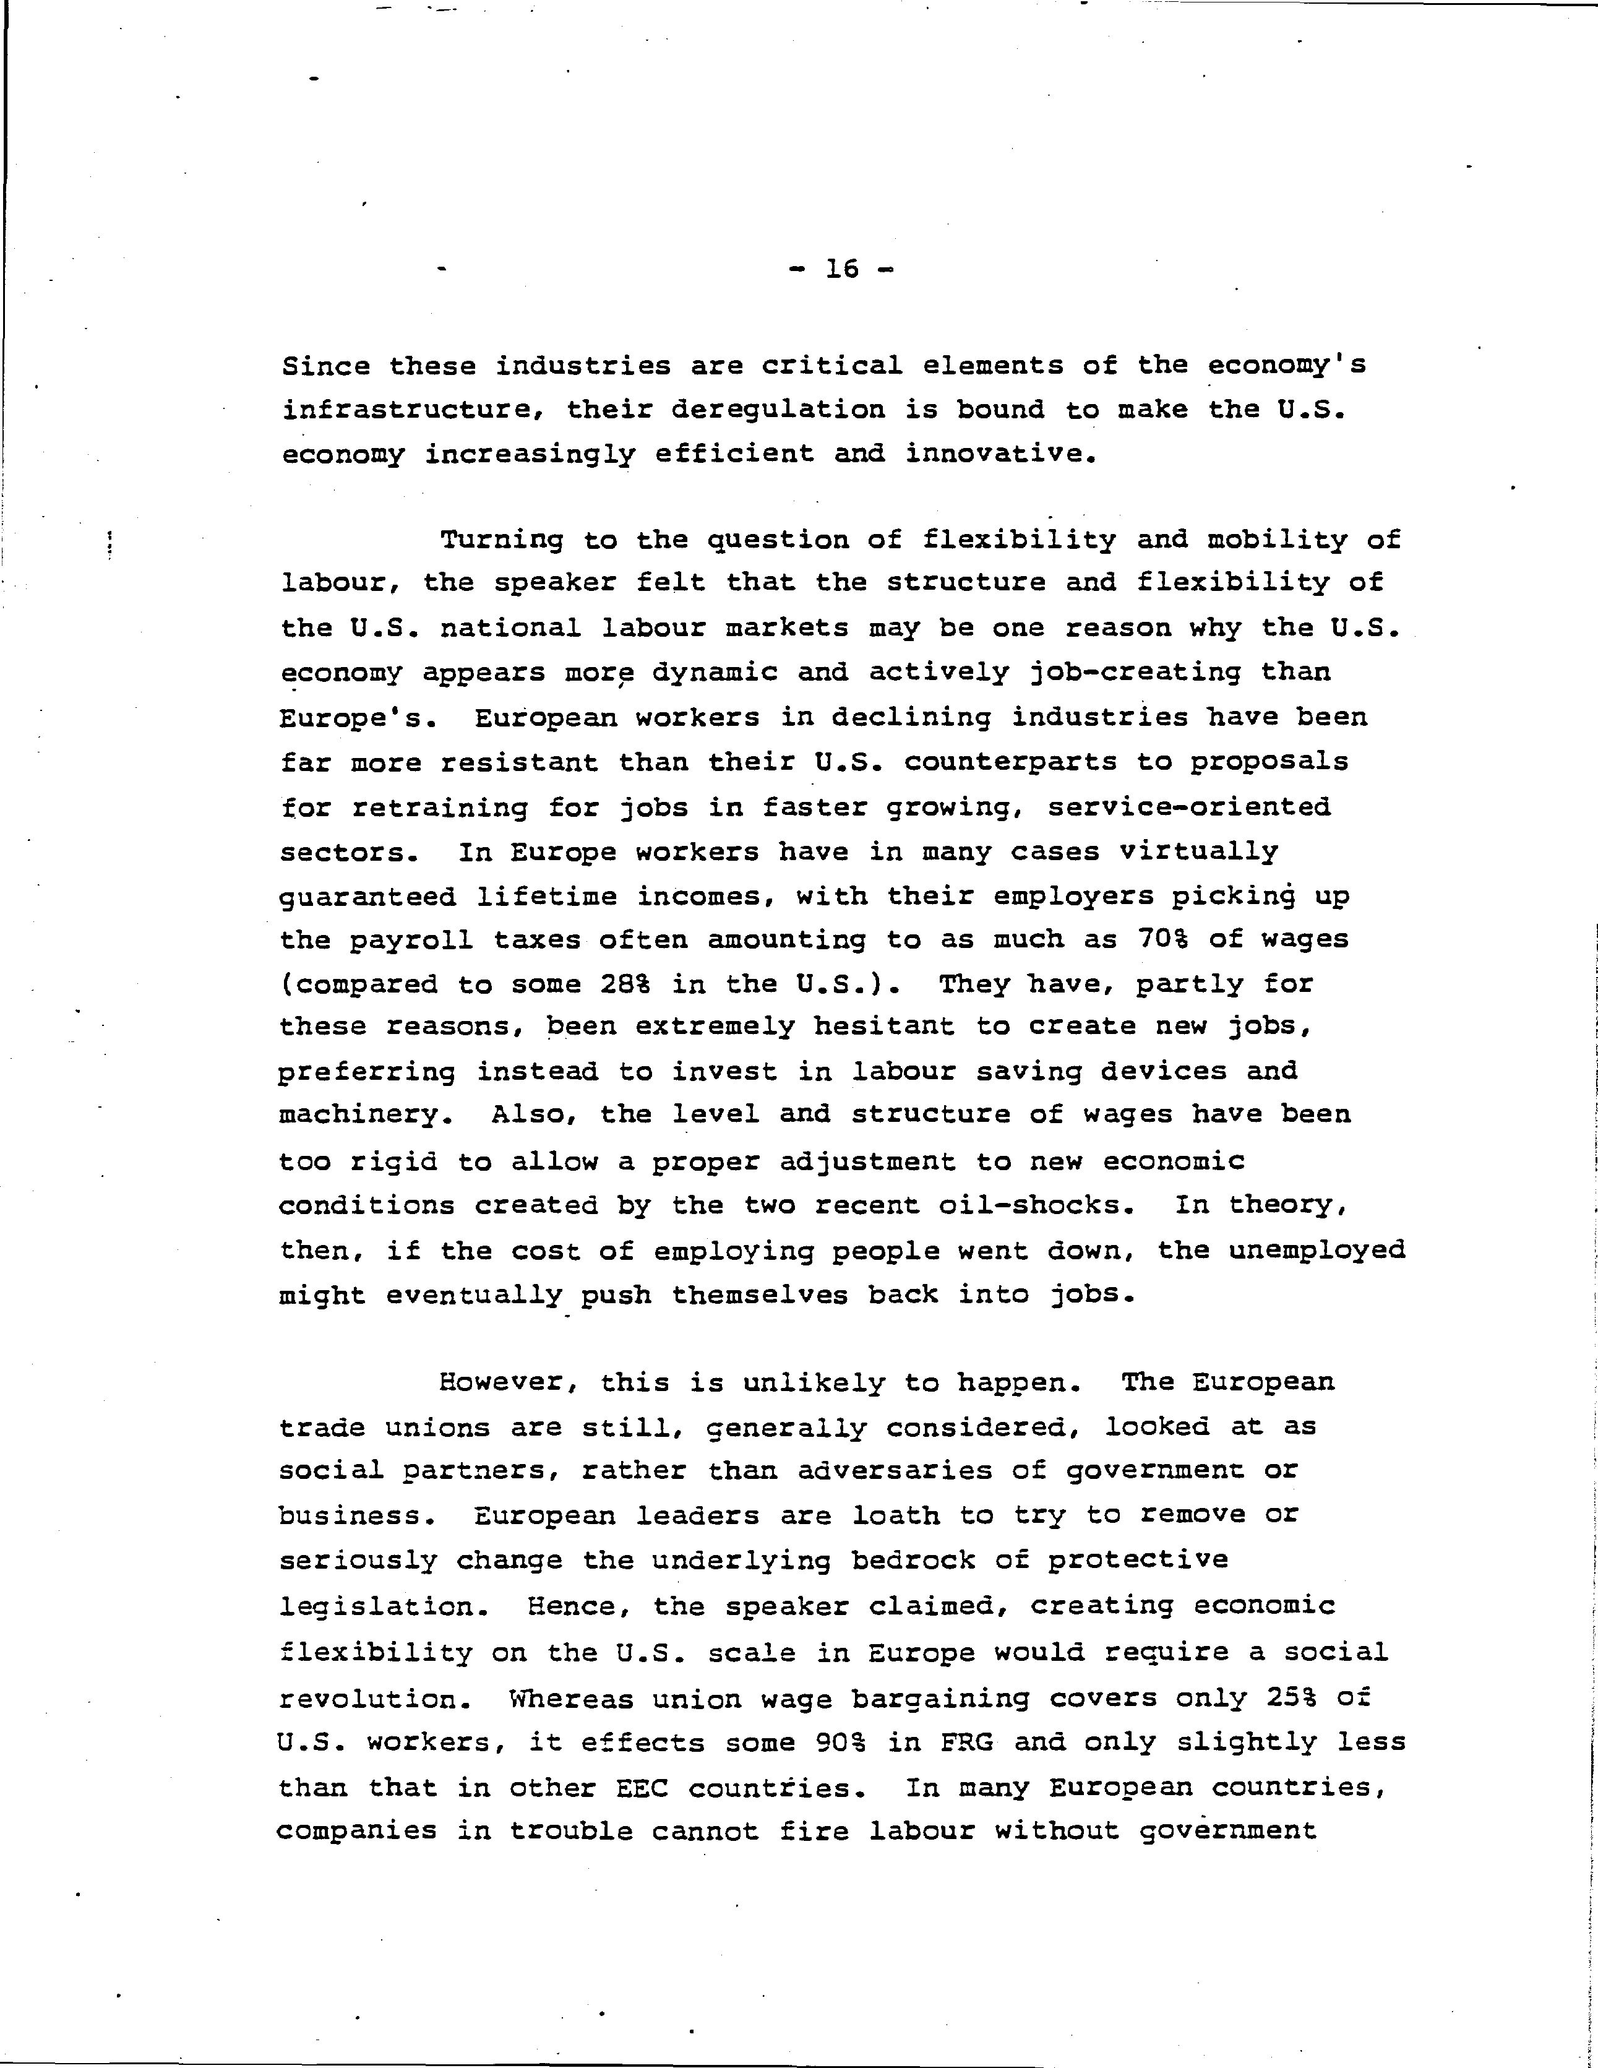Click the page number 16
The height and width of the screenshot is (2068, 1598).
click(x=841, y=270)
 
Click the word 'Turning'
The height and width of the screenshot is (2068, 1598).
click(x=502, y=541)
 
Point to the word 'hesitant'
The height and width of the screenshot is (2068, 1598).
click(x=883, y=1027)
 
